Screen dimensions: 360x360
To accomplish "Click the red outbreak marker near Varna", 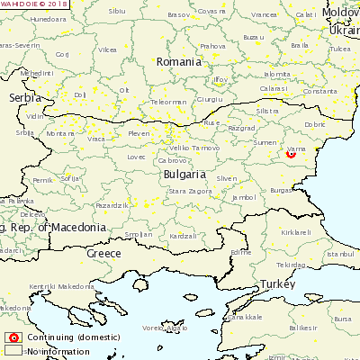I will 291,153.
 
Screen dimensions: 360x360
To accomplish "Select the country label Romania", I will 178,62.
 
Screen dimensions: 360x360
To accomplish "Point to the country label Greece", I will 103,254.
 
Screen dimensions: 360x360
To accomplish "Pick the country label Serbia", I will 24,97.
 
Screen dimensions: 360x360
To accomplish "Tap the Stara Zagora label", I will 190,192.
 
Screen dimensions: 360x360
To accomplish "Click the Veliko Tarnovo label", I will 193,148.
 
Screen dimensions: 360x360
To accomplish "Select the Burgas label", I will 281,191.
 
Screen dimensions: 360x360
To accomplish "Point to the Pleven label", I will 139,133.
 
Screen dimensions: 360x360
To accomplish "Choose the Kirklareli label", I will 296,231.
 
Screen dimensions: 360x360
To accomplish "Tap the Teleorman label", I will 169,102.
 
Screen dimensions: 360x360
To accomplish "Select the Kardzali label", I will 183,236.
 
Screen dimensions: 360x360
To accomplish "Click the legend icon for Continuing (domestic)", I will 13,338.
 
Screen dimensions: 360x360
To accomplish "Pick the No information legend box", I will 13,351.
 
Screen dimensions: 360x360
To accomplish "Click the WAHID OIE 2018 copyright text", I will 34,4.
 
